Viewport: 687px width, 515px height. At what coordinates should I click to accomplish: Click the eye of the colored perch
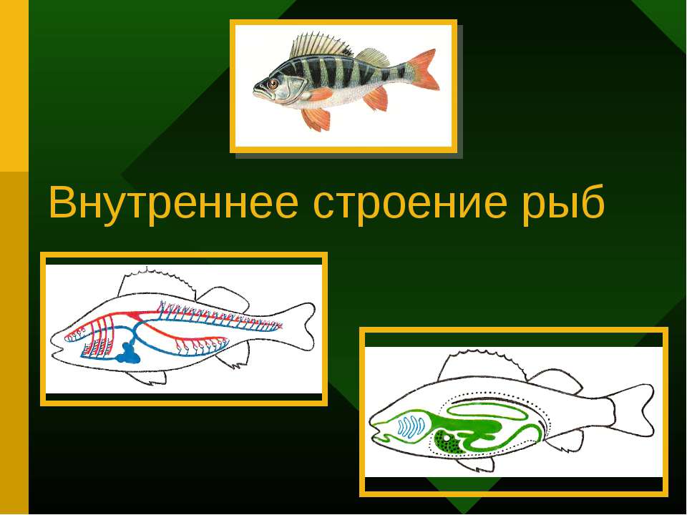coord(273,84)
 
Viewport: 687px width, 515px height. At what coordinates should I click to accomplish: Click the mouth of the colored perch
coord(256,92)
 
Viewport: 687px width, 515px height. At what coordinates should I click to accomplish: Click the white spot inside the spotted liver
coord(446,435)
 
